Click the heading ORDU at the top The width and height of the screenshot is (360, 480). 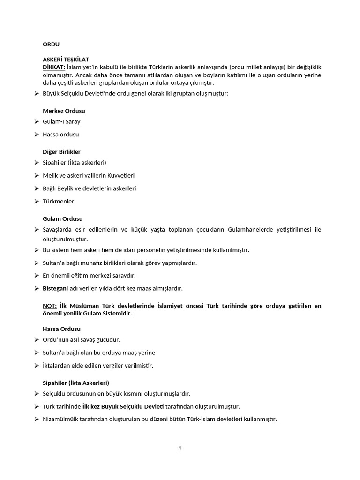51,45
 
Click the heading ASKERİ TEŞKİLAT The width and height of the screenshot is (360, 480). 66,60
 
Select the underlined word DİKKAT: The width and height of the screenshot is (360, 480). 54,67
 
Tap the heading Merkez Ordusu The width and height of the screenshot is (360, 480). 64,111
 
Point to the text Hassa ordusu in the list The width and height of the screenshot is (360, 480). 60,135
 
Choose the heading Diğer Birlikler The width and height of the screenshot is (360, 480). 61,152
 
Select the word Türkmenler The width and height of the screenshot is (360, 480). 58,202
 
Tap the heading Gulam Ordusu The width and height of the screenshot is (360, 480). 62,219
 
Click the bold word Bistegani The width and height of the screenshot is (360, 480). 54,288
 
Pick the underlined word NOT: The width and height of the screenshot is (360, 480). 50,306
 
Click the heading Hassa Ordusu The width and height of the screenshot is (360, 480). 61,329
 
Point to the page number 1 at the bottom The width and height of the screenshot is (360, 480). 180,448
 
